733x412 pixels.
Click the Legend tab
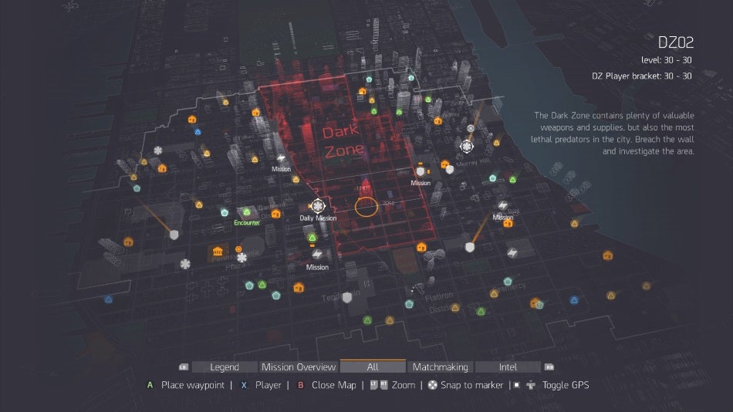point(225,367)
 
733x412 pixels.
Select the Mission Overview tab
point(299,367)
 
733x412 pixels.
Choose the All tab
point(373,367)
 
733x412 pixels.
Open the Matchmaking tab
point(441,367)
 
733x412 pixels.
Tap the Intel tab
point(508,367)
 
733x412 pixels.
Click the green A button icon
point(150,385)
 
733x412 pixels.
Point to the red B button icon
point(301,385)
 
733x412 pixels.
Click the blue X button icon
point(244,385)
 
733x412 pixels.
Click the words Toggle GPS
point(565,385)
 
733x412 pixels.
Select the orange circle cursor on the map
point(366,207)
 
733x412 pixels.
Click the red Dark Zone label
point(343,140)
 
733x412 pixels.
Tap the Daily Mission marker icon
point(318,206)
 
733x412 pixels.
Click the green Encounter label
point(248,223)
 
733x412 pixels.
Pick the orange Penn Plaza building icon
point(218,252)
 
